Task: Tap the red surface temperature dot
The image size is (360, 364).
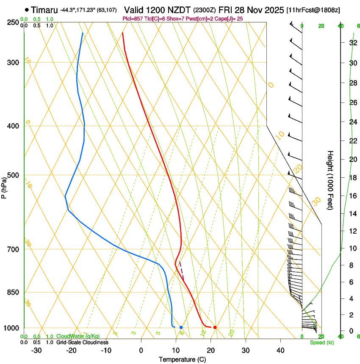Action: [215, 327]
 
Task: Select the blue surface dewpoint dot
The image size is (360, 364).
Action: [181, 327]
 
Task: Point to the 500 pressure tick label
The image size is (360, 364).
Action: [14, 175]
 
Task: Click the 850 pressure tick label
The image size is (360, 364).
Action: [14, 292]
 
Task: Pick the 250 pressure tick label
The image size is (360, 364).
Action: [14, 22]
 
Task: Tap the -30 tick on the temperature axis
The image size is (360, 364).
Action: [36, 350]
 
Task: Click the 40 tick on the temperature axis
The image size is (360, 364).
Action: [280, 350]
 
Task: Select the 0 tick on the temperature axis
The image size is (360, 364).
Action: [141, 350]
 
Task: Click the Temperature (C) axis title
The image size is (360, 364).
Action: [182, 359]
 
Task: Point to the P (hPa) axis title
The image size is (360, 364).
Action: [4, 186]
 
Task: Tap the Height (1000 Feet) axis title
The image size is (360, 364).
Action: [331, 180]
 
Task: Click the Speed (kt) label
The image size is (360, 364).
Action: [321, 342]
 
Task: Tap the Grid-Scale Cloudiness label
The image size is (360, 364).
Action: [82, 342]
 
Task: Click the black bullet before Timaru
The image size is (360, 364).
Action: [27, 9]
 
